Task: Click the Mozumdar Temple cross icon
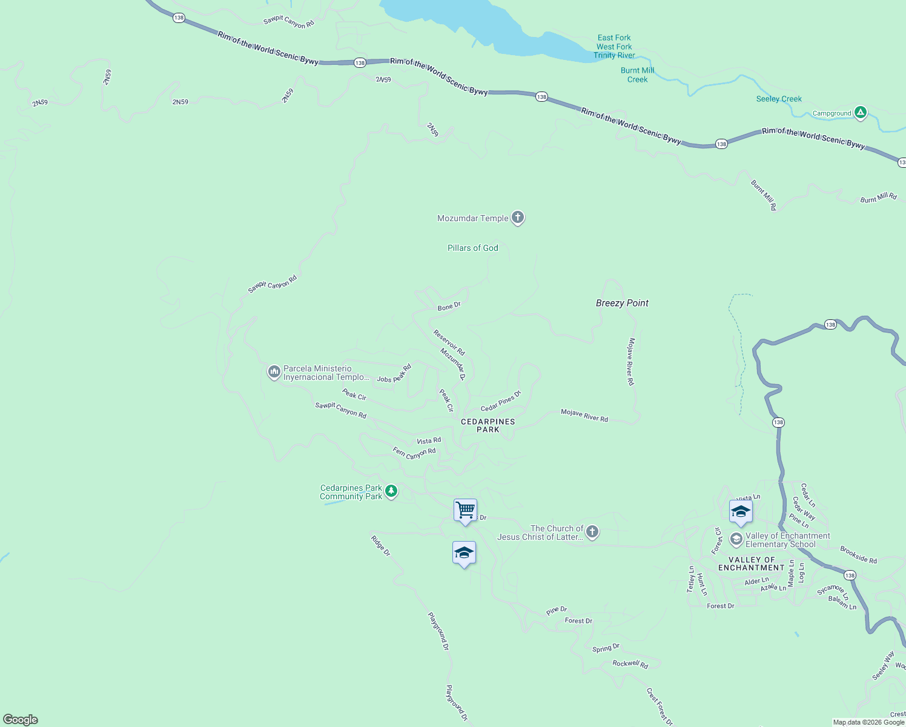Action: (x=517, y=217)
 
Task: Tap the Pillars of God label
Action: (x=472, y=248)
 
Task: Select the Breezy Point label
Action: (x=622, y=303)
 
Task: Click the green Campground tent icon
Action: (x=860, y=113)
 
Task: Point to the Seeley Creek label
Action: (x=779, y=99)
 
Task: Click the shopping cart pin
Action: (x=465, y=511)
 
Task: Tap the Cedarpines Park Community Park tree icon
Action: (x=391, y=491)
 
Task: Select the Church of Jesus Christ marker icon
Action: (x=592, y=532)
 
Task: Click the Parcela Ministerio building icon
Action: (x=274, y=371)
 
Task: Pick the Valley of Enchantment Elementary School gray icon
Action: (x=736, y=539)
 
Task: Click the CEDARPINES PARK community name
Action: (x=488, y=425)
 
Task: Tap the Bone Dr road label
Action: (x=449, y=307)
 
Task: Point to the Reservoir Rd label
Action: (x=449, y=342)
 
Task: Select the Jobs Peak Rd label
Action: (x=394, y=374)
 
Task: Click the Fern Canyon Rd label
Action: (x=414, y=453)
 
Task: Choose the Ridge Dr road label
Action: (x=380, y=545)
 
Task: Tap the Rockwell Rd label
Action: (x=630, y=664)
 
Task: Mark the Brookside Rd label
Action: (x=858, y=555)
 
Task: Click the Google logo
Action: (x=21, y=719)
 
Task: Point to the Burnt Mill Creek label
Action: (x=637, y=75)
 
